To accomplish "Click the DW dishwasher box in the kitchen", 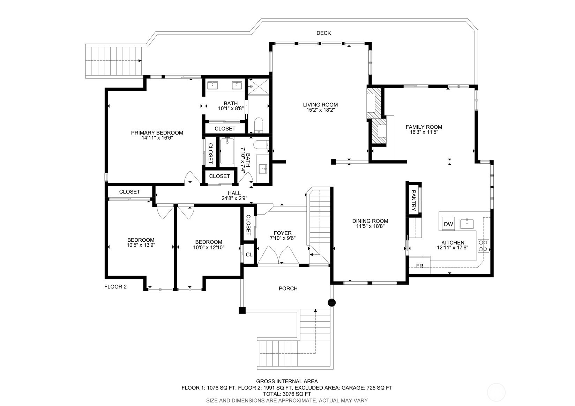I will click(448, 224).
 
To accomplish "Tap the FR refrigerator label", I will click(420, 266).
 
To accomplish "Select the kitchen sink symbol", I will click(467, 224).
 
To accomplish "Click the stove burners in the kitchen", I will click(484, 246).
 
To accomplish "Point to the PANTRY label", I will click(413, 200).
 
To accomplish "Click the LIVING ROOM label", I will click(320, 105).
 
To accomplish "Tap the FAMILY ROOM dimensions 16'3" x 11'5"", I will click(424, 132).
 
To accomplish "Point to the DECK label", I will click(323, 33).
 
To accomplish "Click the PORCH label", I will click(288, 288).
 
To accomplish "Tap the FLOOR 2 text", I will click(115, 287).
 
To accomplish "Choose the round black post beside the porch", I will click(332, 302).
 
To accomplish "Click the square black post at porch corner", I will click(242, 310).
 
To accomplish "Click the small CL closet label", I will click(249, 255).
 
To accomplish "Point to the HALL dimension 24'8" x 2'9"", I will click(234, 198).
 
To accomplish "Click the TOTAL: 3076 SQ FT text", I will click(287, 394).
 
